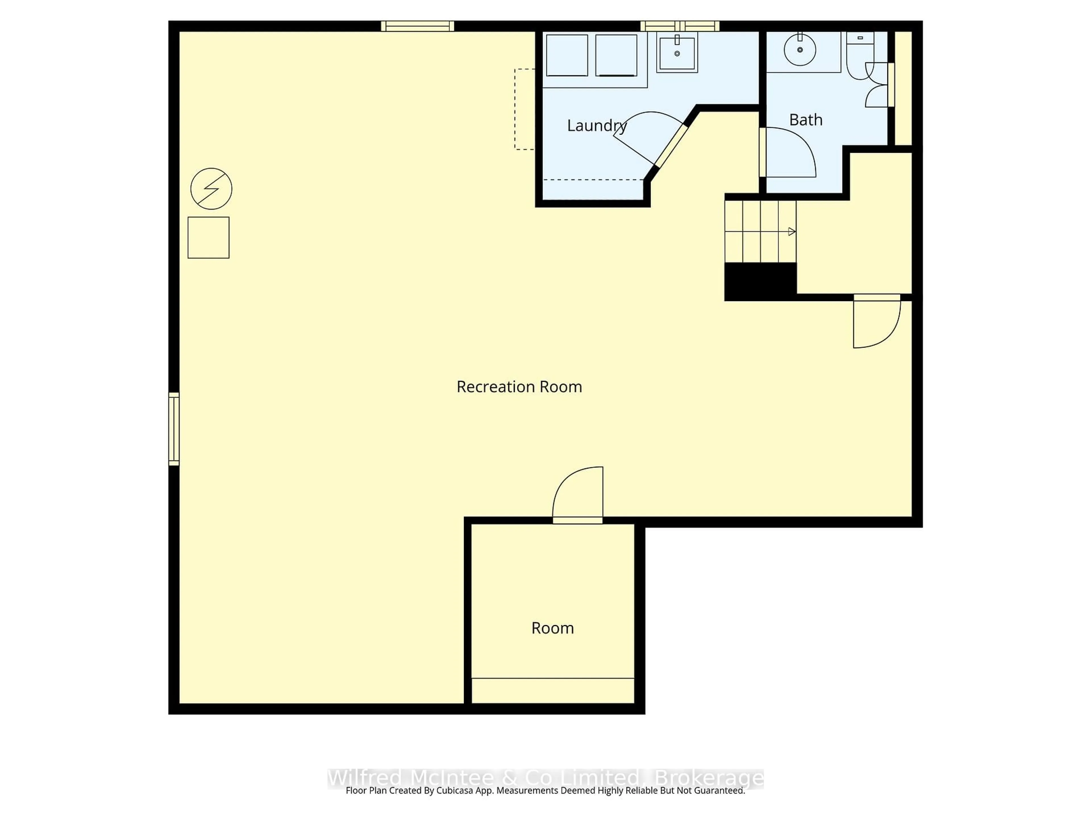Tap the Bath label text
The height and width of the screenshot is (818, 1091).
[805, 120]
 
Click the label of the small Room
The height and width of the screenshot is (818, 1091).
[552, 628]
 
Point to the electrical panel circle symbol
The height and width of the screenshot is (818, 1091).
[211, 189]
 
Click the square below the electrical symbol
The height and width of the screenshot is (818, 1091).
[208, 238]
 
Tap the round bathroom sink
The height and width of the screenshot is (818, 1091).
[799, 50]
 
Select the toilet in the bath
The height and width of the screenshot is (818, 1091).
[859, 57]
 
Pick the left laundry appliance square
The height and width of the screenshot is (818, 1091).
[567, 55]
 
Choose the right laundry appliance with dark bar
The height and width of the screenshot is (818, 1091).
[616, 55]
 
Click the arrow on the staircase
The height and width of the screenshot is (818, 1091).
[791, 232]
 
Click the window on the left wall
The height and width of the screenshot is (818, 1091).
[174, 429]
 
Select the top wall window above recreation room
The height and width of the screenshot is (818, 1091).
[417, 26]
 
